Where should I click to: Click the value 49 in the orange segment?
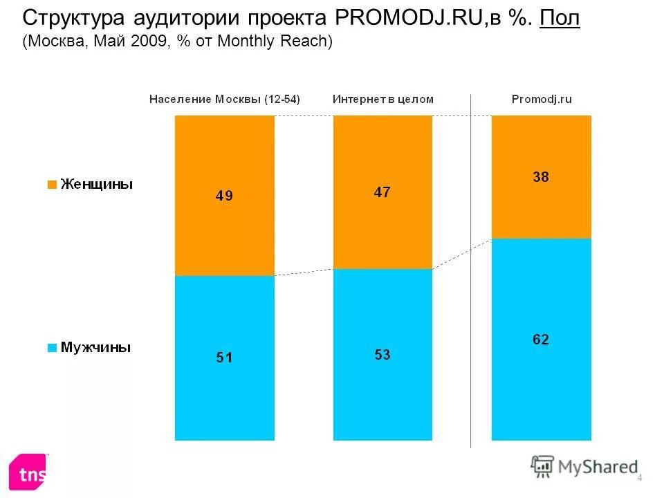(x=224, y=196)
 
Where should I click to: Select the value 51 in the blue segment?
(x=224, y=358)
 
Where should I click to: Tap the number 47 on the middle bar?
(x=382, y=192)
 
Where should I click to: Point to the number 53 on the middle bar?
(x=382, y=354)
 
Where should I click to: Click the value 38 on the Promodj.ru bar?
(x=541, y=177)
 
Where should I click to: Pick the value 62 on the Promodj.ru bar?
(x=541, y=339)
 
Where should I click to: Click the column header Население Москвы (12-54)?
(x=225, y=99)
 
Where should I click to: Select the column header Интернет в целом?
(x=383, y=99)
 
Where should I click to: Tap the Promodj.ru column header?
(x=542, y=99)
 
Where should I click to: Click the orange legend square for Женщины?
(x=51, y=185)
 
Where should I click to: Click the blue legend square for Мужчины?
(x=51, y=347)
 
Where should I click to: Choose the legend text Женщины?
(x=97, y=184)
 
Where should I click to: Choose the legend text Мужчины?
(x=95, y=347)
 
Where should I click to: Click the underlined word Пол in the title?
(x=560, y=19)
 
